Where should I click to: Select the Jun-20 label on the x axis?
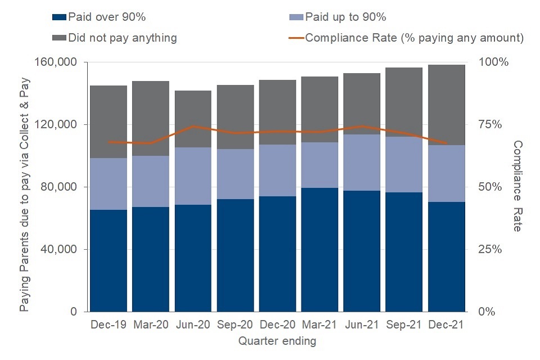pyautogui.click(x=193, y=325)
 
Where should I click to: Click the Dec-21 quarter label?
pyautogui.click(x=447, y=325)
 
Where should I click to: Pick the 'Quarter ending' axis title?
pyautogui.click(x=277, y=341)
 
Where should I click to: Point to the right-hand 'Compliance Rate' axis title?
pyautogui.click(x=517, y=186)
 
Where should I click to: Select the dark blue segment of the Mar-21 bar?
pyautogui.click(x=319, y=250)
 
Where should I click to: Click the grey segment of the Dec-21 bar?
pyautogui.click(x=447, y=105)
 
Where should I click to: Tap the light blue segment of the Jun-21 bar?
pyautogui.click(x=362, y=163)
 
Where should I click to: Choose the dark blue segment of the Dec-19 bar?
pyautogui.click(x=109, y=260)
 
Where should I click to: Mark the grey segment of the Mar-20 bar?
pyautogui.click(x=151, y=118)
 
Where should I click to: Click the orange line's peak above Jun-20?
pyautogui.click(x=193, y=126)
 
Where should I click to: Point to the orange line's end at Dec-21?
pyautogui.click(x=447, y=143)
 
